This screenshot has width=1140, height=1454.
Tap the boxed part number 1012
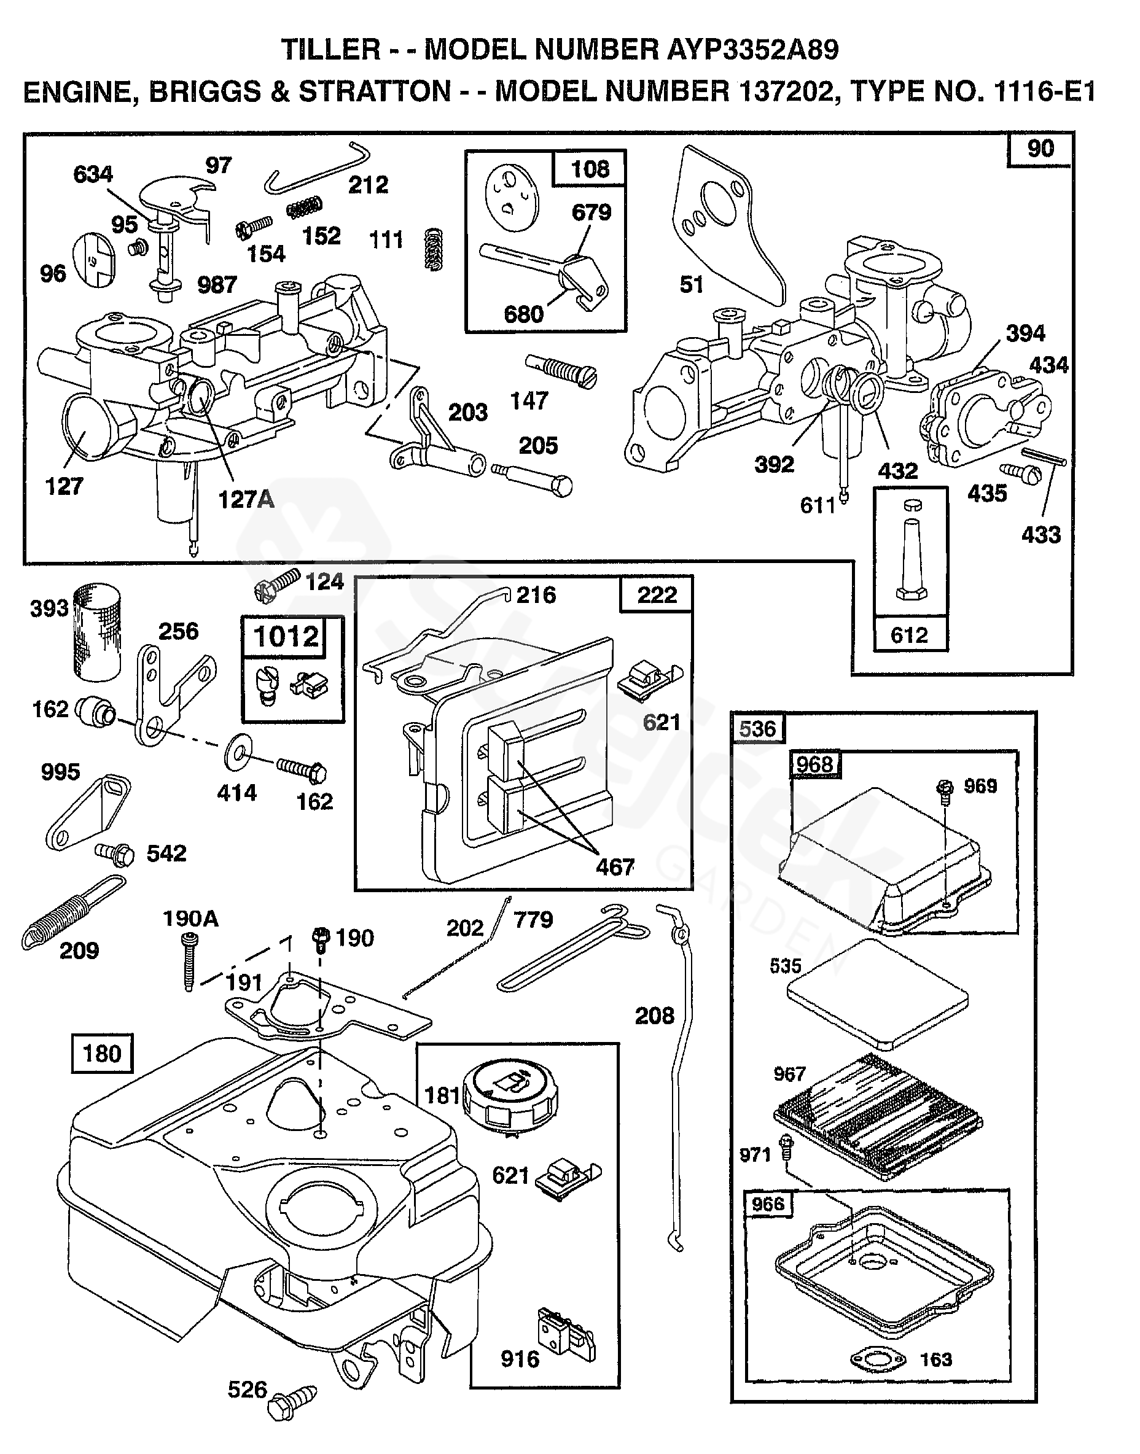[286, 636]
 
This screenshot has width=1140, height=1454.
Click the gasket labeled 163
[879, 1359]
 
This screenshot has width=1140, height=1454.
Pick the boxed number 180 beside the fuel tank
[102, 1054]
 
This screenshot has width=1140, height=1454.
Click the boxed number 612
[910, 634]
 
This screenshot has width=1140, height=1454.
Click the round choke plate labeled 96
[93, 260]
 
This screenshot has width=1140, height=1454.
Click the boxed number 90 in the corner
[1040, 148]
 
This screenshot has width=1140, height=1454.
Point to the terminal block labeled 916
[565, 1334]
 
